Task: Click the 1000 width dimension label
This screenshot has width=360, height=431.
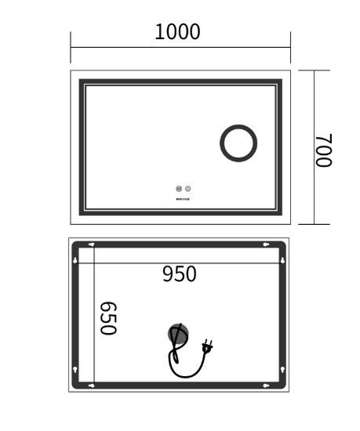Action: pos(178,32)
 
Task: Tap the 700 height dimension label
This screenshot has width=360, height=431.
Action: pos(324,148)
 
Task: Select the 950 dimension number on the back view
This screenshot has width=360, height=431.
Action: pos(180,274)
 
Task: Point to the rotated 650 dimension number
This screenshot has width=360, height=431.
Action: pos(108,317)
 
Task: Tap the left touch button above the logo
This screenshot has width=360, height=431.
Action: pos(180,189)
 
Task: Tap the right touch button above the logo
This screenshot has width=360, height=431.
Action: pos(188,189)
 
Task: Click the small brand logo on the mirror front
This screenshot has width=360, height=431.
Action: pos(184,198)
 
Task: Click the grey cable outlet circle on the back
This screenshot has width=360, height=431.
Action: pos(178,335)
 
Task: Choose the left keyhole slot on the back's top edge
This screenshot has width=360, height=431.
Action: pos(93,244)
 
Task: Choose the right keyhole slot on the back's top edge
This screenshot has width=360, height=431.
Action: pos(267,244)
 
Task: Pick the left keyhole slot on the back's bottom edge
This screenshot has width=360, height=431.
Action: pos(93,386)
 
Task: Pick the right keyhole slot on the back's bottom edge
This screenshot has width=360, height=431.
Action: pos(267,386)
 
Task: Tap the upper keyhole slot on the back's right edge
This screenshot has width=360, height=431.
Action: pos(283,259)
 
